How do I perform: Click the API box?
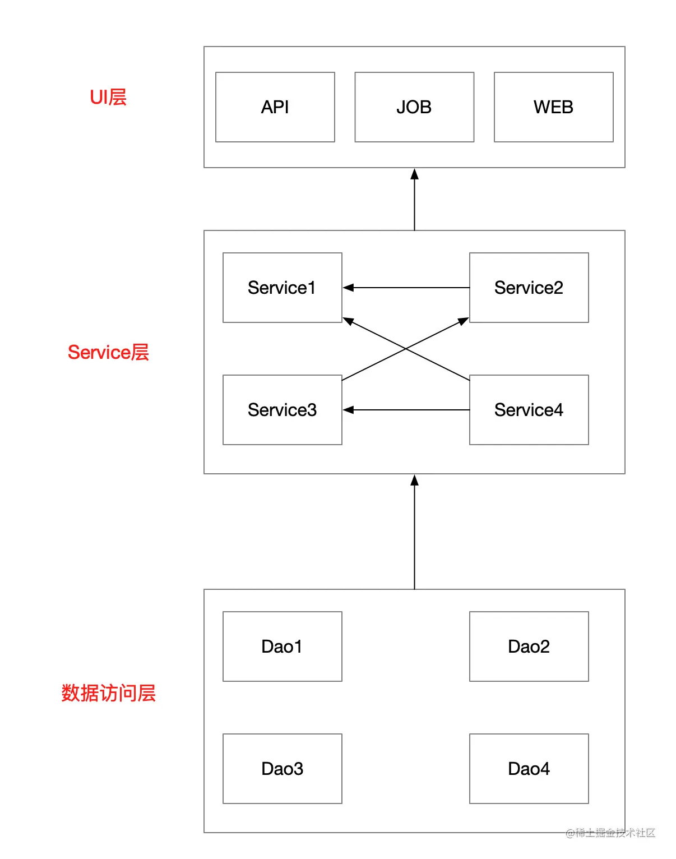[x=275, y=107]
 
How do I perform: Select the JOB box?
[x=414, y=107]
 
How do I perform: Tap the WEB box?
[x=553, y=107]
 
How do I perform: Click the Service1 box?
[x=282, y=288]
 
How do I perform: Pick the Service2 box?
[x=529, y=288]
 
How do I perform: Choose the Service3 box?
[x=282, y=410]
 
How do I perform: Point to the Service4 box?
[x=529, y=410]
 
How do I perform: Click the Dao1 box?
[x=282, y=646]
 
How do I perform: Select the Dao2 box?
[x=529, y=646]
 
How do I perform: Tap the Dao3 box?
[x=282, y=769]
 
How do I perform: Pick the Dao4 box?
[x=529, y=769]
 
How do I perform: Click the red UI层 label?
[x=108, y=97]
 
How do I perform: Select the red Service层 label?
[x=108, y=352]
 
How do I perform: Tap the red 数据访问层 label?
[x=108, y=693]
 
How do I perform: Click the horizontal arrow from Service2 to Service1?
[x=406, y=288]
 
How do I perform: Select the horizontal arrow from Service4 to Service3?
[x=406, y=410]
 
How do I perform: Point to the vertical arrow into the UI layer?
[x=414, y=200]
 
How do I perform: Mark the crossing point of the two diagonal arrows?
[x=406, y=349]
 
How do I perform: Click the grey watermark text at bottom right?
[x=610, y=833]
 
